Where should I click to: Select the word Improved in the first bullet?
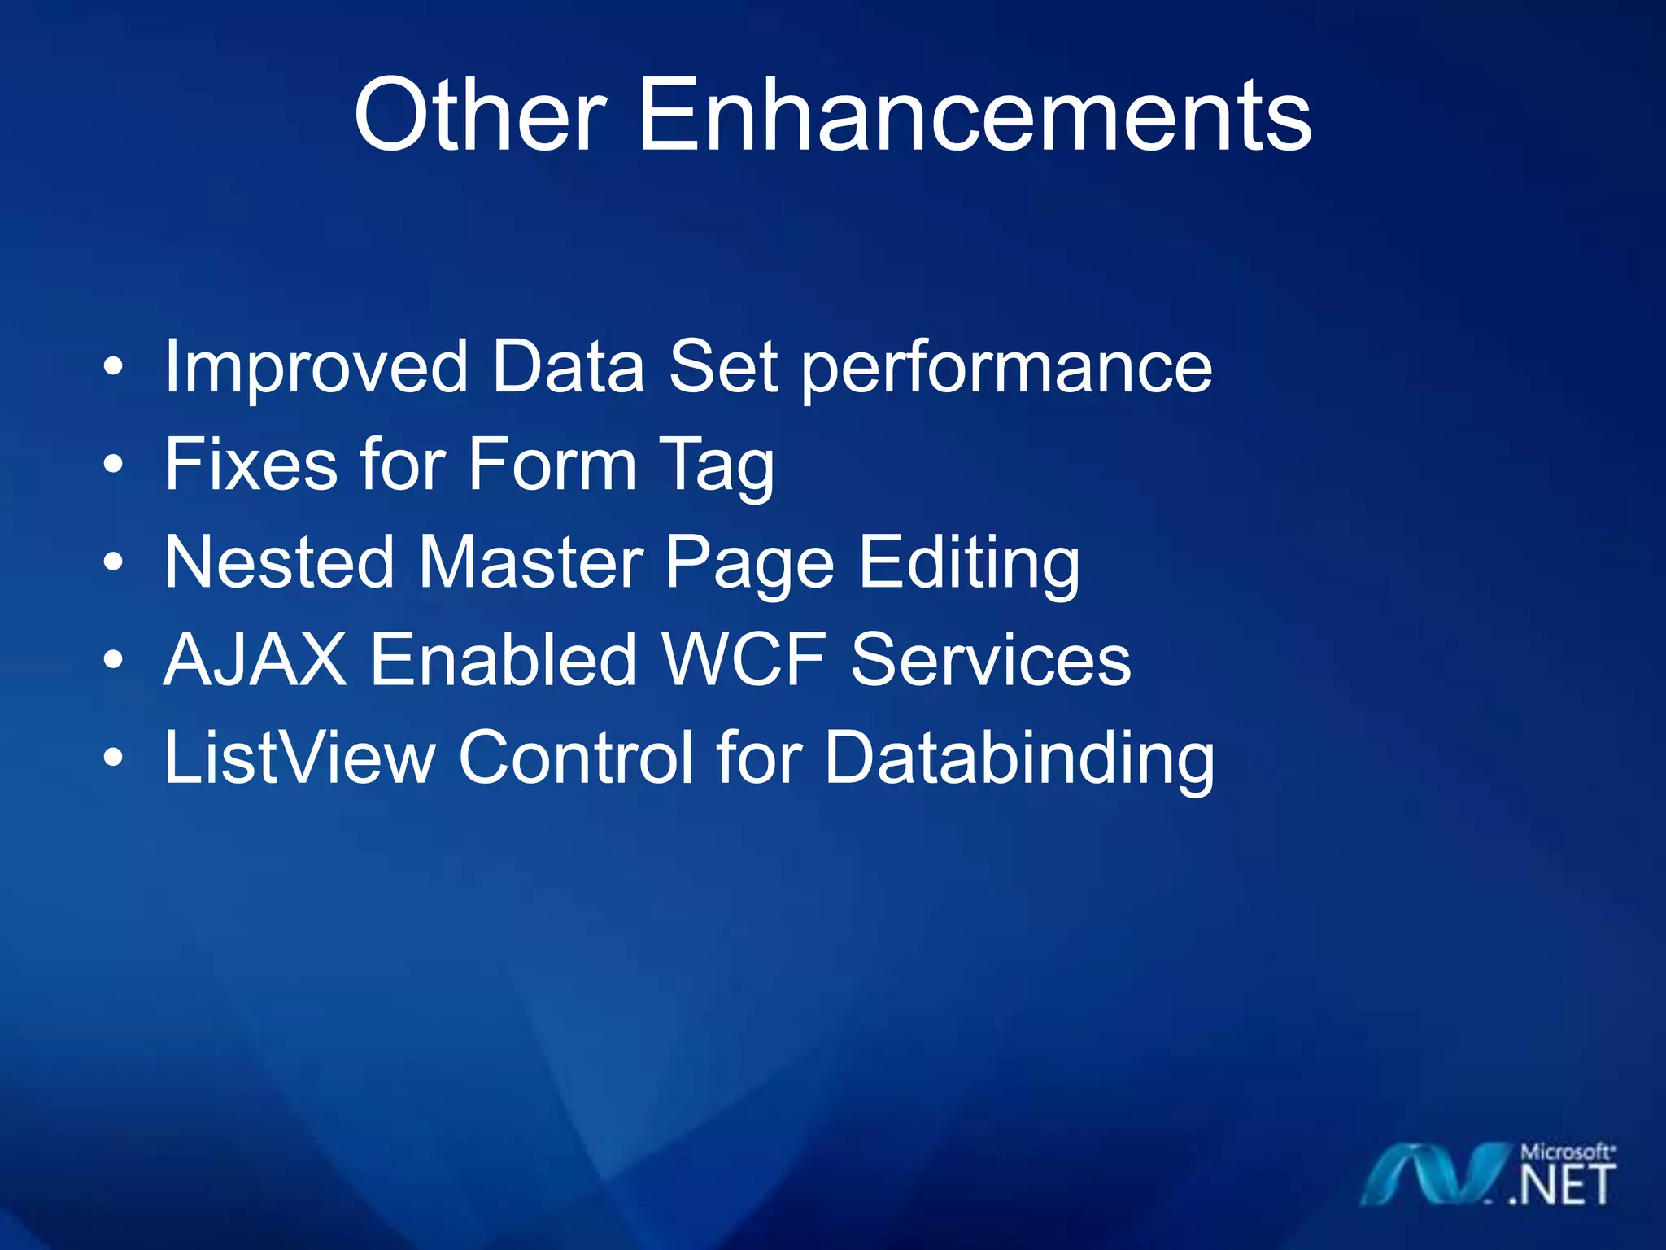[x=316, y=368]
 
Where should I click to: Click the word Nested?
[x=279, y=562]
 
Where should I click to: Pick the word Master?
[x=531, y=562]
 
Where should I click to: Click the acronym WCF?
[x=744, y=660]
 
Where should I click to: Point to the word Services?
[x=990, y=660]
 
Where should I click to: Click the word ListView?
[x=299, y=758]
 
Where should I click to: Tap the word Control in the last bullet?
[x=576, y=758]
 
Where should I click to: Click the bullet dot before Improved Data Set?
[x=114, y=368]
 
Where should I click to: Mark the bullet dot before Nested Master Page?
[x=114, y=562]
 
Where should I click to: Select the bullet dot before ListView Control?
[x=114, y=758]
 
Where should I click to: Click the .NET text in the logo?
[x=1561, y=1186]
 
